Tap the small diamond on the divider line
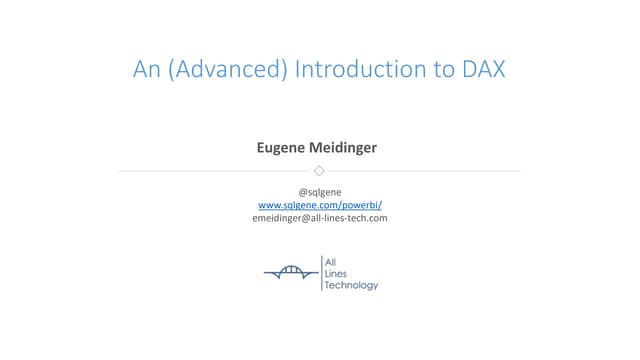click(320, 171)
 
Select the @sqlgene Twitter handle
click(320, 191)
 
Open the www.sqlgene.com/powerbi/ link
click(320, 204)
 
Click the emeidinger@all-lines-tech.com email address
click(320, 217)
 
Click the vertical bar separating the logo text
click(321, 273)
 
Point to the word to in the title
click(428, 70)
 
